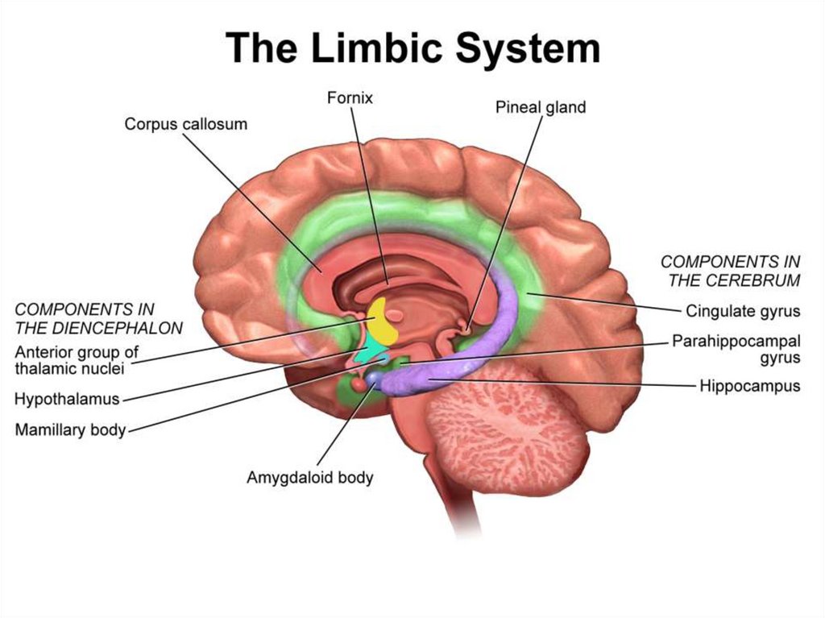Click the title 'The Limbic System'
point(412,48)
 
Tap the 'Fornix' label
point(350,97)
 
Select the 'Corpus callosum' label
point(185,124)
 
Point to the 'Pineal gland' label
point(541,106)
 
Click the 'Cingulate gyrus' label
point(743,311)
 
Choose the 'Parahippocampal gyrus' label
point(736,349)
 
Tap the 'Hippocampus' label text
point(750,386)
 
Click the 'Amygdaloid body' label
point(309,477)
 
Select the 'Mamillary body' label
point(70,429)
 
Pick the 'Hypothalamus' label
point(67,398)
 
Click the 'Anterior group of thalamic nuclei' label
point(77,360)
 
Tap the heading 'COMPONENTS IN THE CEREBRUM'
point(730,271)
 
